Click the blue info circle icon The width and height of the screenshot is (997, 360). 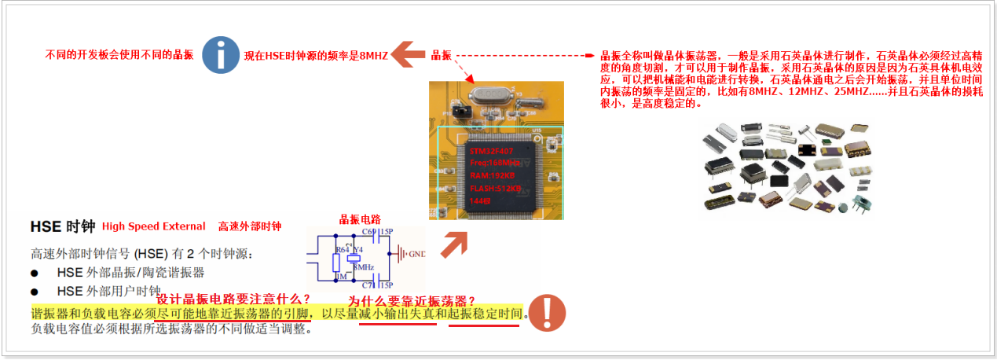click(x=222, y=55)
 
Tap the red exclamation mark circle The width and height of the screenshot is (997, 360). click(x=547, y=312)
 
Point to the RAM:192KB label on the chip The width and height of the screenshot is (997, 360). click(x=491, y=175)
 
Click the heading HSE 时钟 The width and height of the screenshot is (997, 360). click(x=62, y=226)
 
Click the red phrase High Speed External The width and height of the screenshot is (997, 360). click(x=154, y=226)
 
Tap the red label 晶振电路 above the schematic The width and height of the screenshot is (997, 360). click(x=359, y=219)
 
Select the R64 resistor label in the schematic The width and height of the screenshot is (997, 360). click(x=341, y=249)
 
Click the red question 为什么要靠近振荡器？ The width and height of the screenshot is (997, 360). click(x=412, y=301)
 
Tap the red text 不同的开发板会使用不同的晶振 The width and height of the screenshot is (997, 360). click(x=119, y=55)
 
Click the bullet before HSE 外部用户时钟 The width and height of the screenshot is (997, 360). click(x=35, y=290)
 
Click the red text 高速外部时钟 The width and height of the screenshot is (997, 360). click(x=249, y=226)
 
